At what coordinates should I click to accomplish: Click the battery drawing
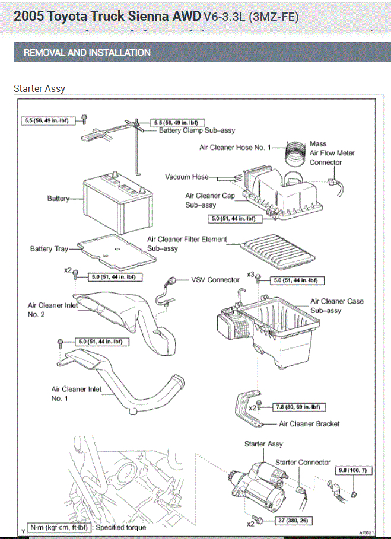pyautogui.click(x=113, y=199)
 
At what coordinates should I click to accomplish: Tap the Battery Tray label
pyautogui.click(x=49, y=249)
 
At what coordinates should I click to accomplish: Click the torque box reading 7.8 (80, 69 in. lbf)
pyautogui.click(x=297, y=407)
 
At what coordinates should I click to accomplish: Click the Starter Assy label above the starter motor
pyautogui.click(x=263, y=444)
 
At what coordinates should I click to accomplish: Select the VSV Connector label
pyautogui.click(x=215, y=280)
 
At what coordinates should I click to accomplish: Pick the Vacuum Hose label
pyautogui.click(x=187, y=177)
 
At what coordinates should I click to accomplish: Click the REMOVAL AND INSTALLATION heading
pyautogui.click(x=87, y=53)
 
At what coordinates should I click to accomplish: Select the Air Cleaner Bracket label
pyautogui.click(x=309, y=424)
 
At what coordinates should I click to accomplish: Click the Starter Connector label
pyautogui.click(x=303, y=463)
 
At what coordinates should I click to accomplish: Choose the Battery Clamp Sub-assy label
pyautogui.click(x=197, y=130)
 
